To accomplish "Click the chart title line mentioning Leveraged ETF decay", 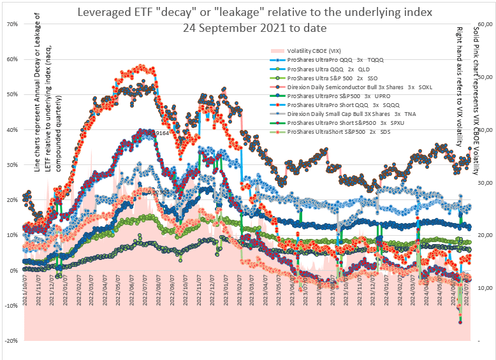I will click(254, 13).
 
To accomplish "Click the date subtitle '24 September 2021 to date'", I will click(254, 28).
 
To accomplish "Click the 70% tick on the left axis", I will click(11, 24).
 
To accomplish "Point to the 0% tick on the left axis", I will click(13, 270).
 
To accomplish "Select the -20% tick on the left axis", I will click(10, 341).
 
